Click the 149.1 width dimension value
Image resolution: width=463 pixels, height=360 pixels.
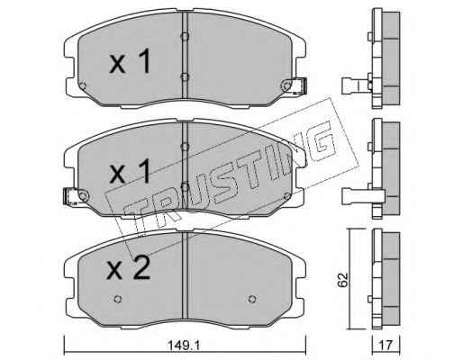pyautogui.click(x=184, y=346)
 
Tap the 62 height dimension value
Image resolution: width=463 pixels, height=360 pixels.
pyautogui.click(x=343, y=280)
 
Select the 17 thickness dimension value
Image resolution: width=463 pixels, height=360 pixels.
pyautogui.click(x=386, y=346)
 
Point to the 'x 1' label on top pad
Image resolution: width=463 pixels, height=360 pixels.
pyautogui.click(x=130, y=61)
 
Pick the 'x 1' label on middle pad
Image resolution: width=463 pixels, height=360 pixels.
pyautogui.click(x=130, y=171)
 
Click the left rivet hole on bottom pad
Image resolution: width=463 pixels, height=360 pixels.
pyautogui.click(x=118, y=299)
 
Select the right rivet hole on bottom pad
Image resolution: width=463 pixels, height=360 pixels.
pyautogui.click(x=252, y=299)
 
